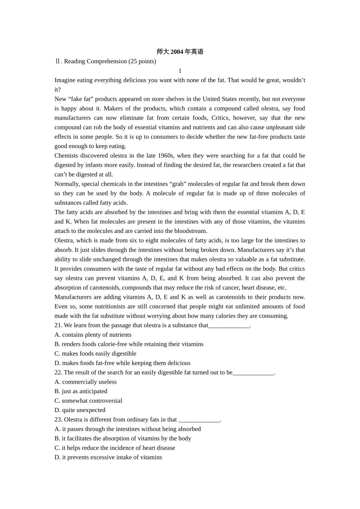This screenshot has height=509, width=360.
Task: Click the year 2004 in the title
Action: (x=177, y=52)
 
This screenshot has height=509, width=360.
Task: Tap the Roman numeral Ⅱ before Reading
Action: (x=57, y=61)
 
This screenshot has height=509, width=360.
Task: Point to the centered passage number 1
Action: (x=180, y=71)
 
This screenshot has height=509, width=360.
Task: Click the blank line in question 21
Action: (x=229, y=326)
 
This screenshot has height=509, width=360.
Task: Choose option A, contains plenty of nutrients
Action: (x=93, y=335)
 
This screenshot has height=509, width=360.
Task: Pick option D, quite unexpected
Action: (x=80, y=410)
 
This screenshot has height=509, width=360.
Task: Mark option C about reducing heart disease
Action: (x=115, y=448)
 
